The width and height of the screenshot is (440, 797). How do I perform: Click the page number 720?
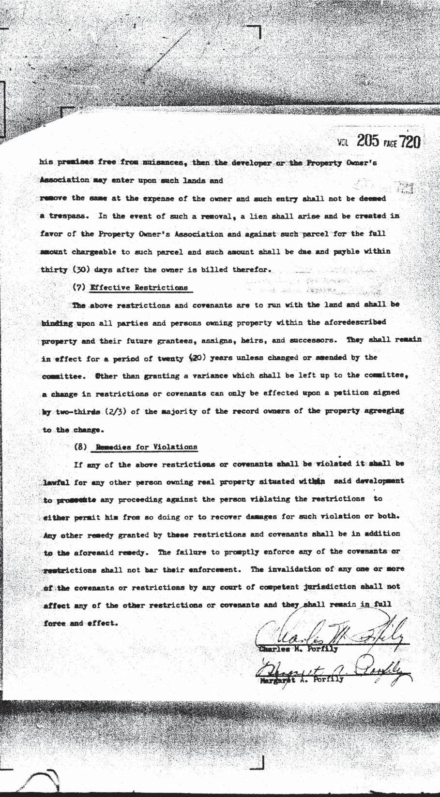pyautogui.click(x=409, y=142)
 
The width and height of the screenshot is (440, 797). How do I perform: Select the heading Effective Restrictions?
pyautogui.click(x=139, y=287)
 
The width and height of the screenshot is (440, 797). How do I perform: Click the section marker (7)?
pyautogui.click(x=79, y=287)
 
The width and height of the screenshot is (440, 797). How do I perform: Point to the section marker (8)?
pyautogui.click(x=80, y=447)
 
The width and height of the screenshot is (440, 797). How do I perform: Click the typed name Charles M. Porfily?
pyautogui.click(x=298, y=649)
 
